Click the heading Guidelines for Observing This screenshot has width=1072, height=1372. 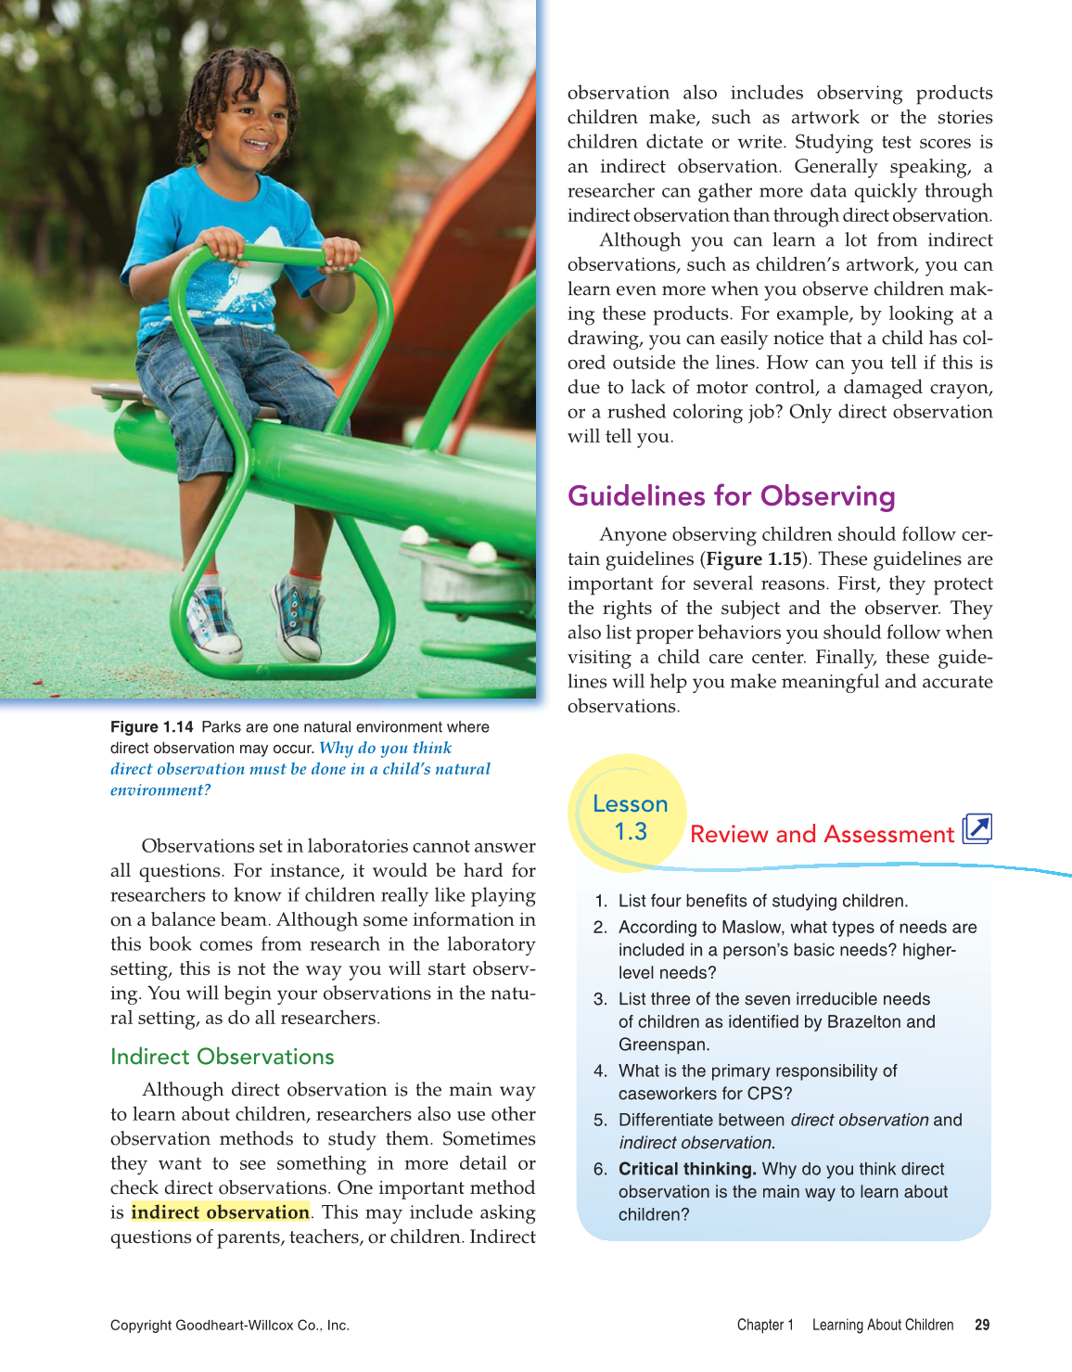[731, 496]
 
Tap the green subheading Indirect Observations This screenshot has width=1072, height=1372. [222, 1057]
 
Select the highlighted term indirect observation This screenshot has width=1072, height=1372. [220, 1212]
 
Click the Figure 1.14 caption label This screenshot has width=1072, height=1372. [151, 727]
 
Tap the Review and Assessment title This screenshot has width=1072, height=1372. [822, 834]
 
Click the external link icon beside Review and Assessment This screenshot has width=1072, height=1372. [977, 828]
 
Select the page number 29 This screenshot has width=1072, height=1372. [982, 1325]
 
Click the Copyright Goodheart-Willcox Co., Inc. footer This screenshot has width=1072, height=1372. [230, 1325]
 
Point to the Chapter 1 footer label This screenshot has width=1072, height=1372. [765, 1325]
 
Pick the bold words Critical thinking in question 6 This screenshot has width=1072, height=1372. [687, 1169]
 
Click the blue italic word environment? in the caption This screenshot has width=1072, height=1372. [160, 790]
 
